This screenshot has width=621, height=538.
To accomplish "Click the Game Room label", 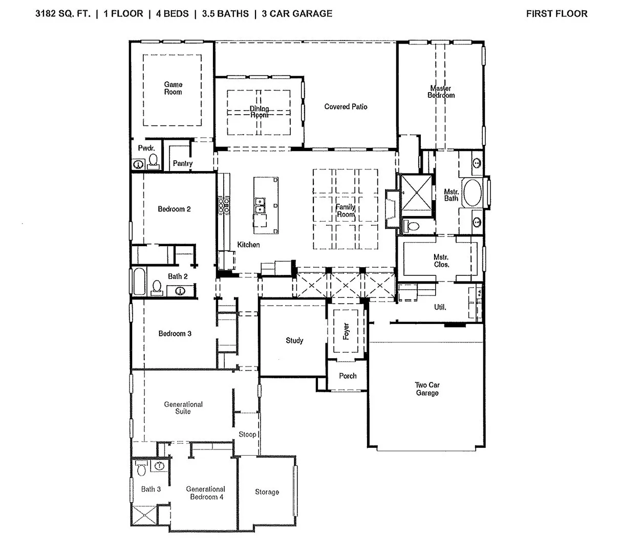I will tap(173, 88).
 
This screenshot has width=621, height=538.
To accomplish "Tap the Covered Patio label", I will tap(346, 106).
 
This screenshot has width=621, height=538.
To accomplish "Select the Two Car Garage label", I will tap(427, 389).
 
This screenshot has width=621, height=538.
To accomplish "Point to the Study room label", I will tap(294, 340).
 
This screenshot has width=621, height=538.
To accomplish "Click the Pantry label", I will tap(182, 163).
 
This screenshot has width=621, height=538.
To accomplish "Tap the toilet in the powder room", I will tap(153, 161).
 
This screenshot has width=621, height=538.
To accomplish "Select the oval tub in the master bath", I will tap(470, 192).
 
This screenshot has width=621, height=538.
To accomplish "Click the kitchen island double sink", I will tap(260, 204).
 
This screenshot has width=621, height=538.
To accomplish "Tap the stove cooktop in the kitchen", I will tap(224, 205).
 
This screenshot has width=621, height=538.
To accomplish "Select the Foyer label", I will tap(346, 331).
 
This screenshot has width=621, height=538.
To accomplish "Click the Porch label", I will tap(348, 376).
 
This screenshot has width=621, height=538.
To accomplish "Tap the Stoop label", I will tap(247, 434).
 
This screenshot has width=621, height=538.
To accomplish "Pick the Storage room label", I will tap(267, 492).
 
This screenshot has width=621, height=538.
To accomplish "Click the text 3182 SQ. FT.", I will tap(63, 14).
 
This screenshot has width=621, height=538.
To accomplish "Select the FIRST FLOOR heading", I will tap(556, 14).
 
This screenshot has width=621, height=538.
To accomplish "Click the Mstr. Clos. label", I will tap(441, 261).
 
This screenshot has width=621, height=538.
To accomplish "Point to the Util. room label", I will tap(440, 307).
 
